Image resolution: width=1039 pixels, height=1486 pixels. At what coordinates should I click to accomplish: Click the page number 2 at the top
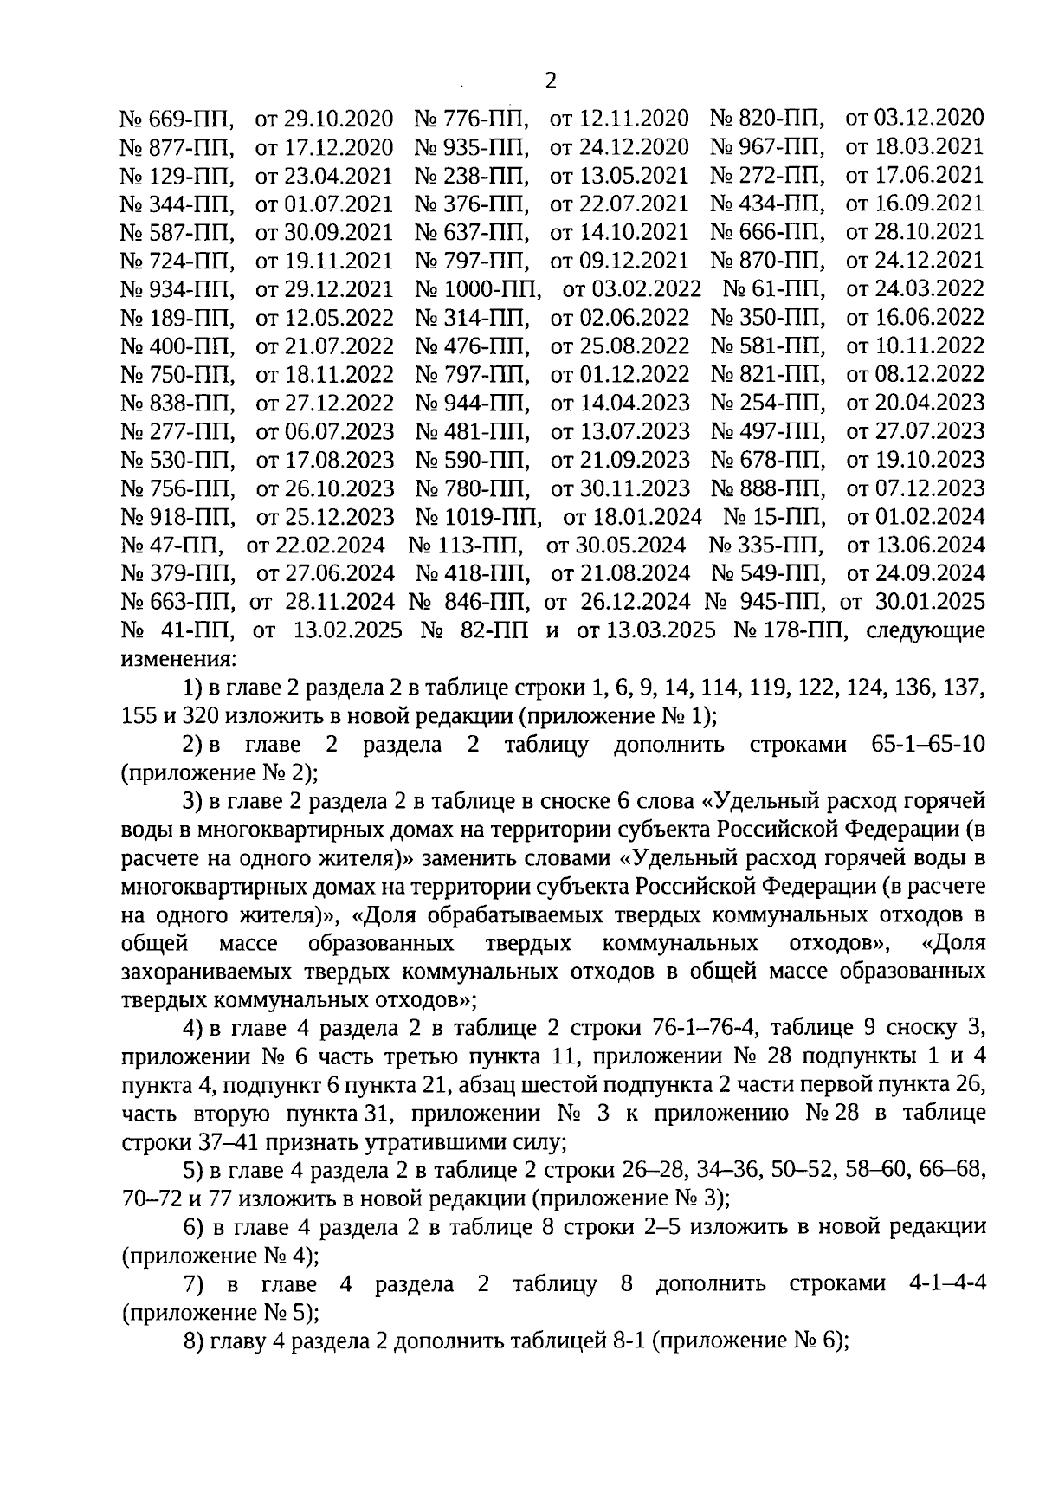(x=550, y=81)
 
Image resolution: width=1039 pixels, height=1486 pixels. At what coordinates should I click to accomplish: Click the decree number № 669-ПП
(x=177, y=118)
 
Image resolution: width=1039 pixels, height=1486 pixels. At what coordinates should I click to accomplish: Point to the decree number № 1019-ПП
(x=479, y=517)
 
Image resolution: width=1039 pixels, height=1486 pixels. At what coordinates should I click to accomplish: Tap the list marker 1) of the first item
(x=194, y=688)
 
